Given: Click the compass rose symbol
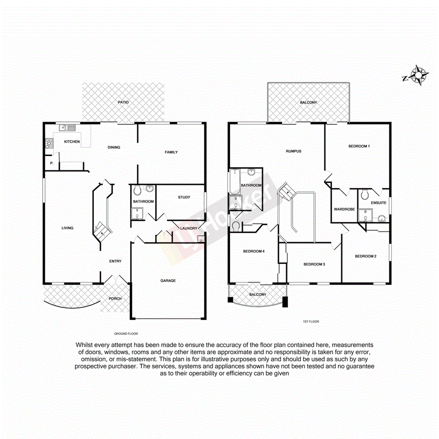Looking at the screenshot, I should [418, 75].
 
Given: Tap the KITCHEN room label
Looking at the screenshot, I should [72, 142].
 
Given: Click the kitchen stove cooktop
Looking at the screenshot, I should [49, 143].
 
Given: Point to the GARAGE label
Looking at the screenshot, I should [168, 280].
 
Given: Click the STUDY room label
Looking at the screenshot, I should [184, 197].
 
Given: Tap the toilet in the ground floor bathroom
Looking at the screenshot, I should [138, 190].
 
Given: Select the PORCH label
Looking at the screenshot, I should [115, 299].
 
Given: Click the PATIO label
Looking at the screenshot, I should [123, 102].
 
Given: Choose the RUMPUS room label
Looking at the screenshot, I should [293, 151].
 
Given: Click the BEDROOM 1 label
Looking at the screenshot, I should [358, 146].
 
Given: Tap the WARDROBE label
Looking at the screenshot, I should [344, 209].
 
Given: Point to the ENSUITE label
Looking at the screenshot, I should [378, 203].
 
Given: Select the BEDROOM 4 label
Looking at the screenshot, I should [253, 251].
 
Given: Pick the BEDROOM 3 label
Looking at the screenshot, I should [314, 264].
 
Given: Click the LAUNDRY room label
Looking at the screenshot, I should [188, 228].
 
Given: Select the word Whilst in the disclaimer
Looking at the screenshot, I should [83, 345].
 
